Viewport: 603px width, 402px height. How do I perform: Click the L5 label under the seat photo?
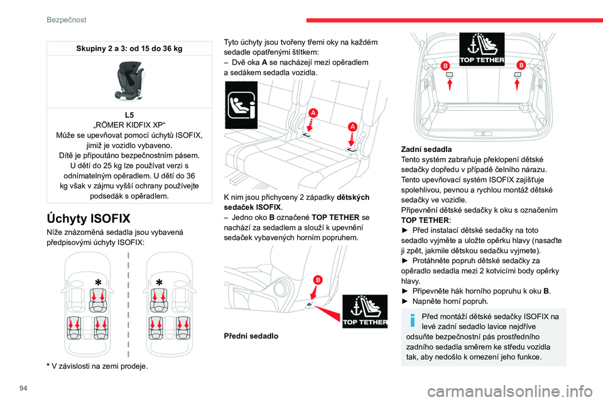click(x=129, y=115)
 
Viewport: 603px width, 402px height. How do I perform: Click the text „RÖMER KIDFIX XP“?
click(x=129, y=124)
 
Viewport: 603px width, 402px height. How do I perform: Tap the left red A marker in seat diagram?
click(x=312, y=112)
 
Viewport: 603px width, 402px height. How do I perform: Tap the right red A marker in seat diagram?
click(x=352, y=127)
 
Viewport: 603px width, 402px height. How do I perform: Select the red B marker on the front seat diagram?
click(x=317, y=280)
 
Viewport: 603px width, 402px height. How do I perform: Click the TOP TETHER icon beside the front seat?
click(x=365, y=311)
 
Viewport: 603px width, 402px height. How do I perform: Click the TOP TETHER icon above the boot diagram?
click(x=482, y=49)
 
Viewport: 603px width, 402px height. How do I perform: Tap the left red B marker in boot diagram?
click(x=445, y=65)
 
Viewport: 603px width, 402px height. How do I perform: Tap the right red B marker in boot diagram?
click(x=521, y=65)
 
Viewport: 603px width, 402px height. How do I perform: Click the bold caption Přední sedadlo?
click(x=251, y=336)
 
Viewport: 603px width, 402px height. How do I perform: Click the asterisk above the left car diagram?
click(x=98, y=281)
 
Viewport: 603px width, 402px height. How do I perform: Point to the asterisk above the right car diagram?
click(x=159, y=281)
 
